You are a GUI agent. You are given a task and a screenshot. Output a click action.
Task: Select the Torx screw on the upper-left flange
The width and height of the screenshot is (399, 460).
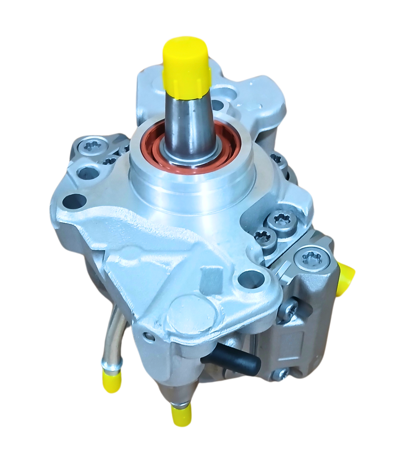89,146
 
